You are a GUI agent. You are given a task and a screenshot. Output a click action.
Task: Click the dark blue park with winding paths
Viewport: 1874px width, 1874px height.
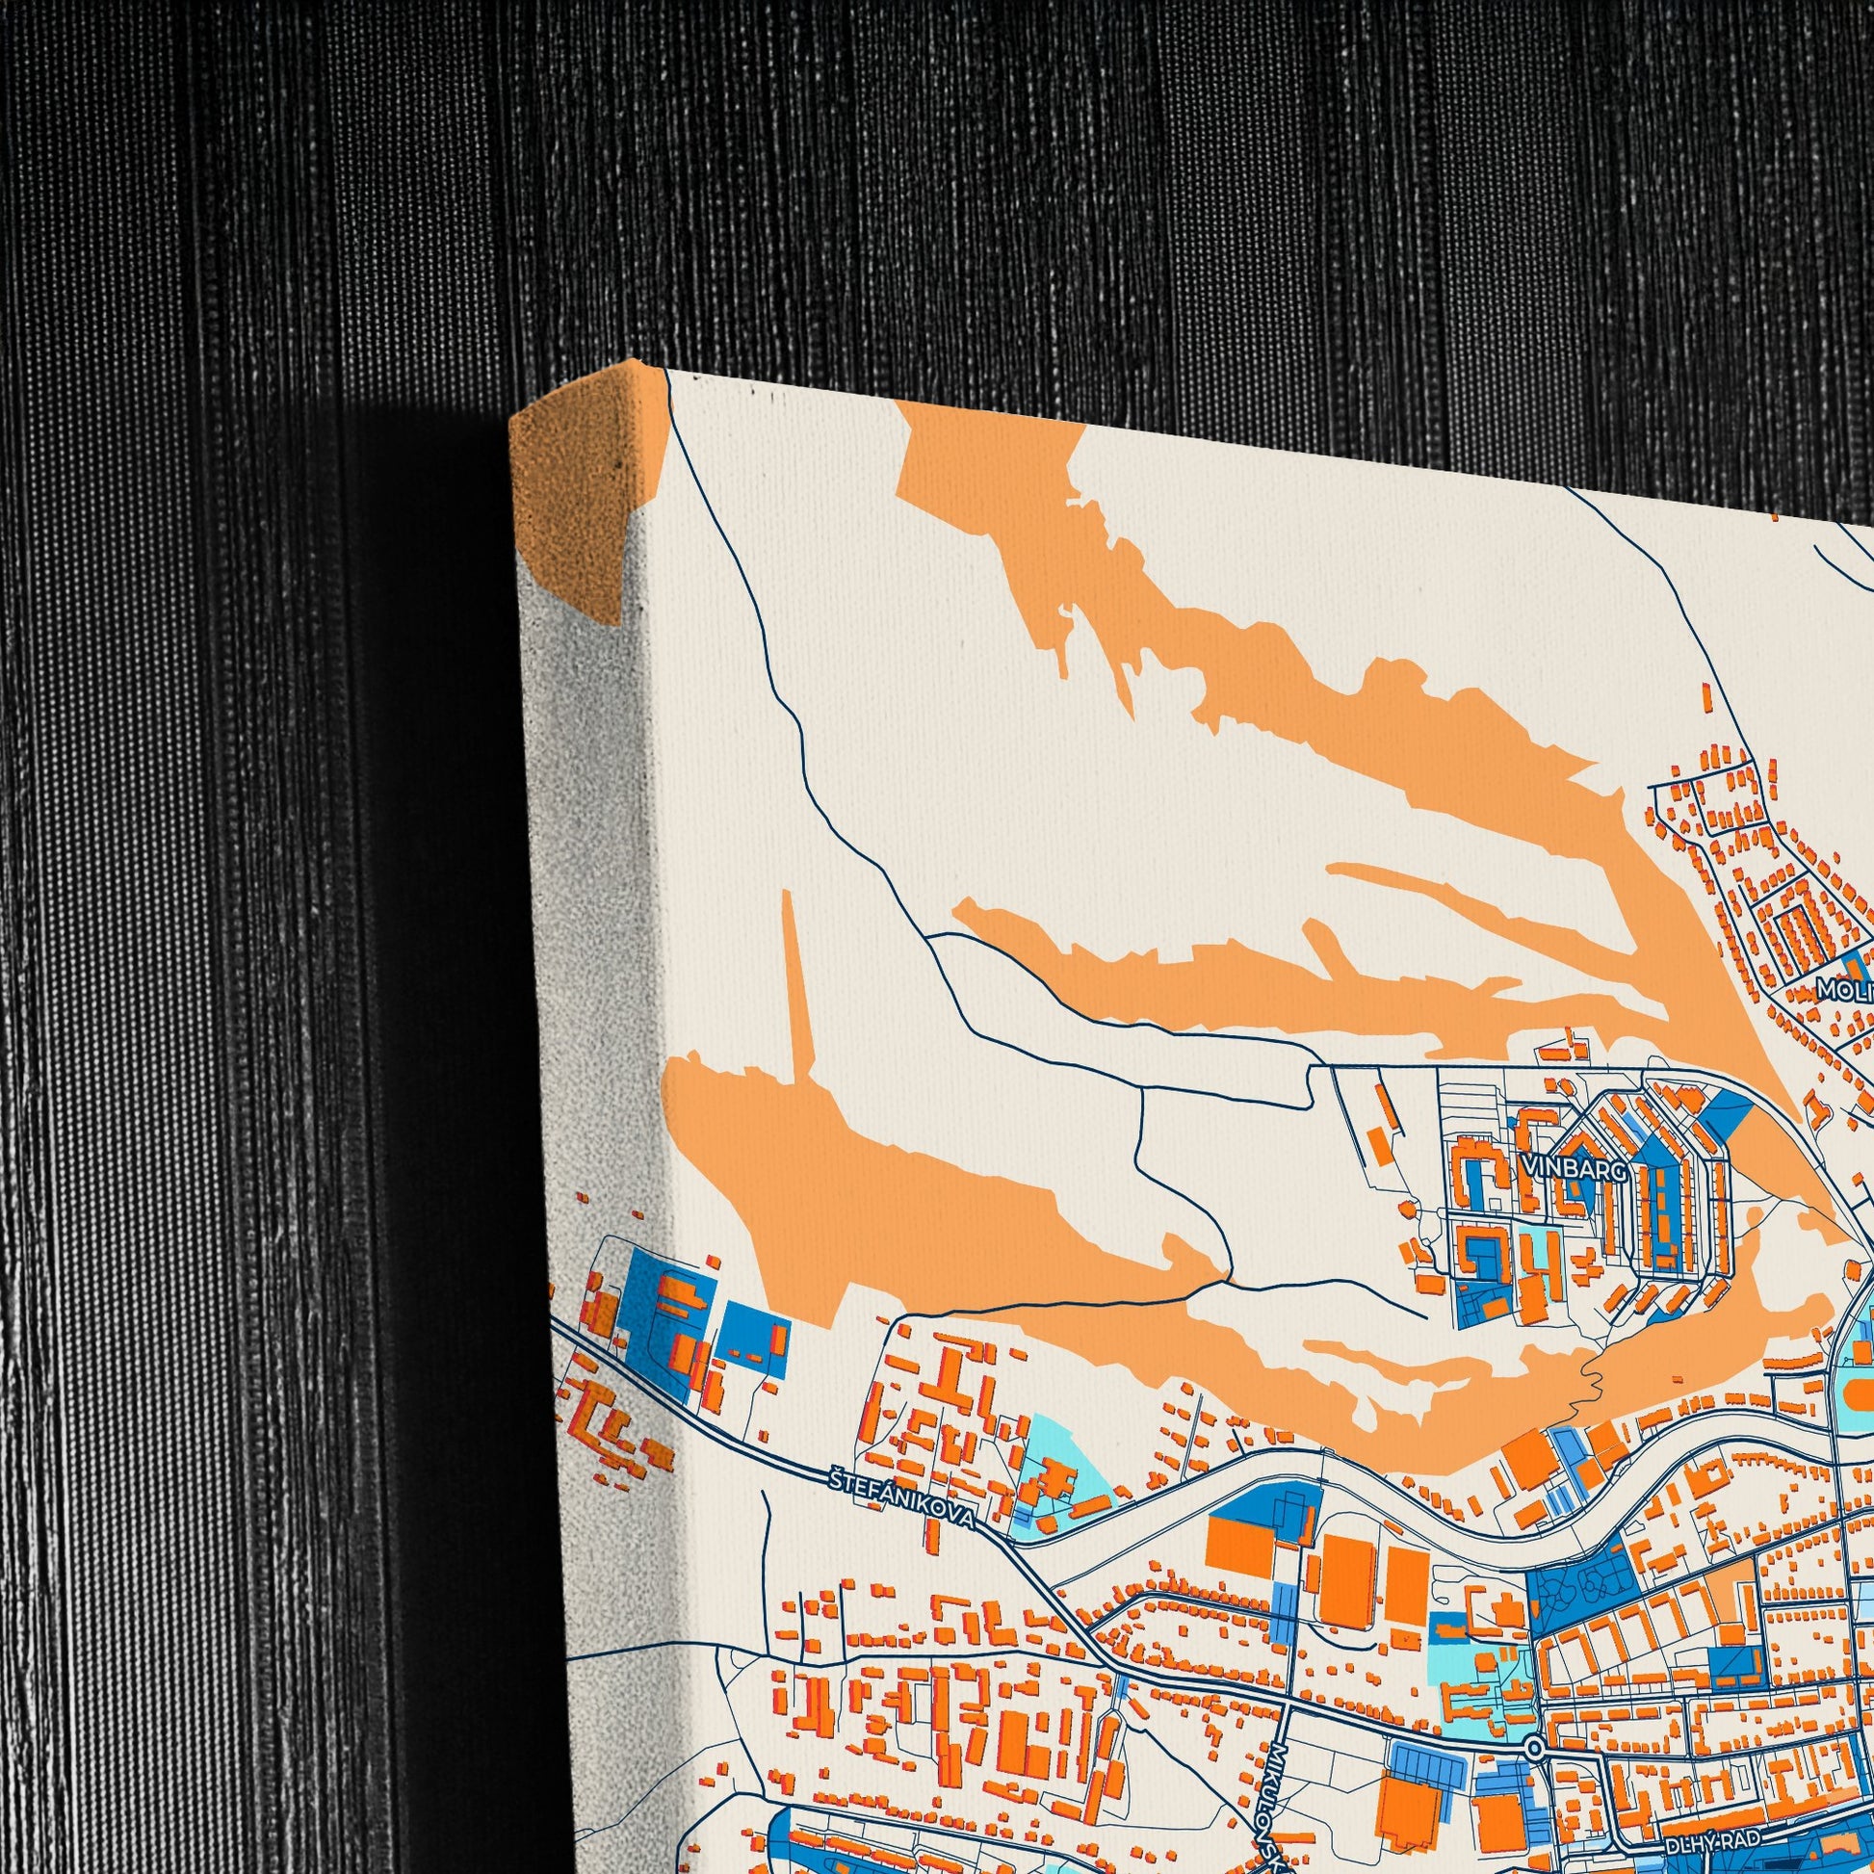(x=1581, y=1587)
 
